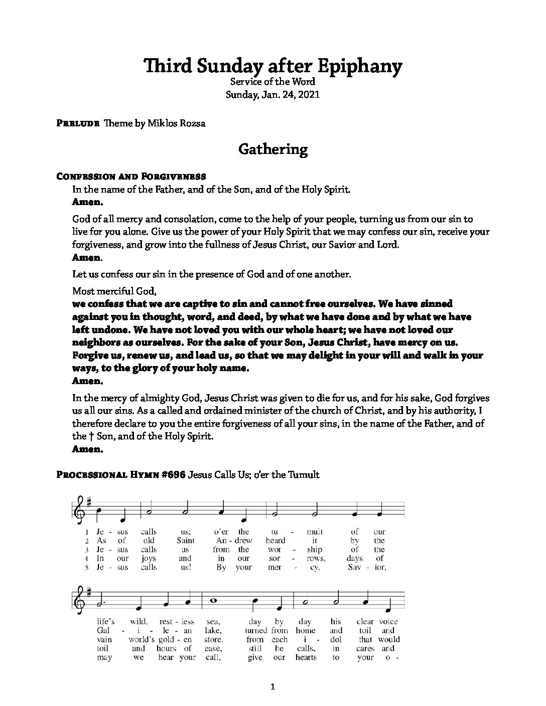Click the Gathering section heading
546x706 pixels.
pyautogui.click(x=272, y=149)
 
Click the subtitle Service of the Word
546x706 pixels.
pyautogui.click(x=272, y=82)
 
